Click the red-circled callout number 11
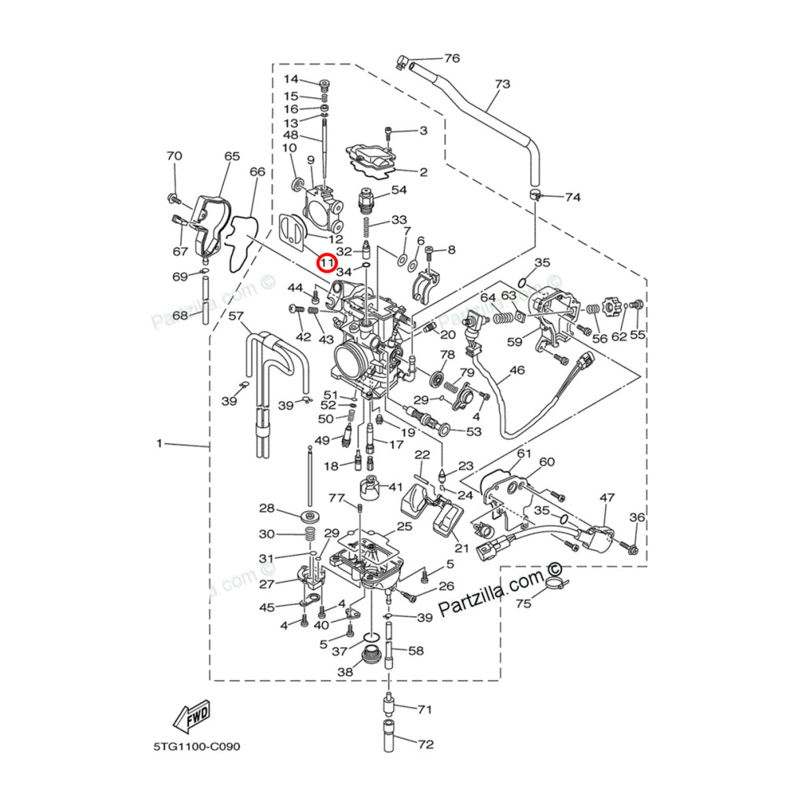[x=325, y=261]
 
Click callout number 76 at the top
[x=451, y=58]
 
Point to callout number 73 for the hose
[x=501, y=84]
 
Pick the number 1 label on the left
[x=159, y=444]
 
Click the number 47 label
[x=607, y=498]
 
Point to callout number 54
[x=399, y=190]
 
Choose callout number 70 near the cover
[x=174, y=156]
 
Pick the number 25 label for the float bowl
[x=404, y=526]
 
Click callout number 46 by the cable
[x=516, y=369]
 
